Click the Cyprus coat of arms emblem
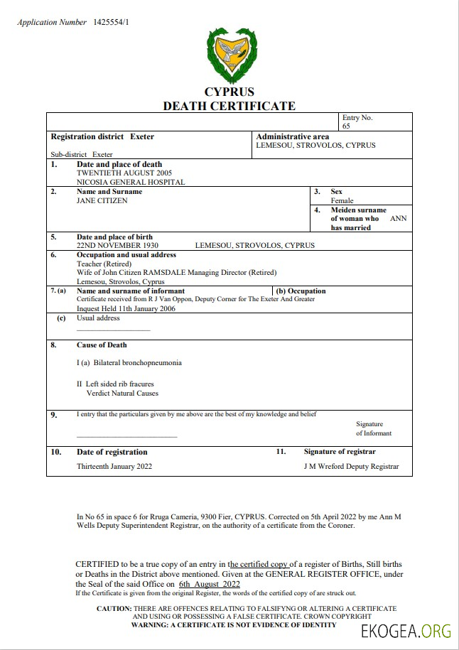pos(229,56)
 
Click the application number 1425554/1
pos(111,23)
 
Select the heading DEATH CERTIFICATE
pos(229,106)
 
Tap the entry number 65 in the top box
pos(346,126)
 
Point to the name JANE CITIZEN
pos(102,201)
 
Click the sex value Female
pos(342,201)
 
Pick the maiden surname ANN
pos(399,219)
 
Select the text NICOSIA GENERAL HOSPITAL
pos(131,182)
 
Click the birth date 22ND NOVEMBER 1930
pos(117,246)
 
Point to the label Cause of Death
pos(102,345)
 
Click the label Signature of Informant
pos(374,428)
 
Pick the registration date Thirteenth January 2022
pos(114,467)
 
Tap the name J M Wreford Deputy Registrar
pos(351,467)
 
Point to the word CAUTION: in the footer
pos(114,609)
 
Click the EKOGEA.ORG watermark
pos(406,632)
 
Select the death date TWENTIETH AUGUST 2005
pos(124,173)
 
